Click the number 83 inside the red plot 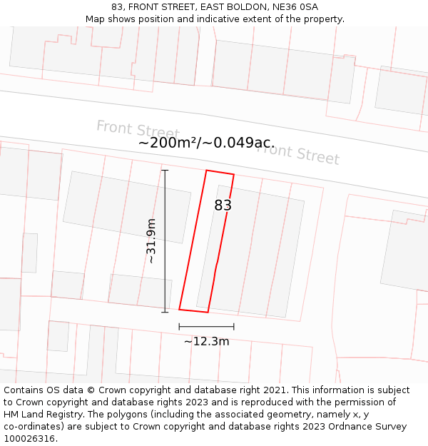(223, 206)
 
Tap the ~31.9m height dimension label (151, 241)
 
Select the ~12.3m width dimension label (206, 341)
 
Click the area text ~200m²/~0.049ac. (206, 143)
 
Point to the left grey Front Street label (138, 130)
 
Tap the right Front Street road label (297, 153)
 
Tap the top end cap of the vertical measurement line (165, 171)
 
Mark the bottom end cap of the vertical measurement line (165, 312)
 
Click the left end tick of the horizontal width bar (179, 327)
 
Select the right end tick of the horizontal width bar (234, 327)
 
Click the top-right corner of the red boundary (233, 174)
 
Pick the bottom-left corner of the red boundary (179, 309)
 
